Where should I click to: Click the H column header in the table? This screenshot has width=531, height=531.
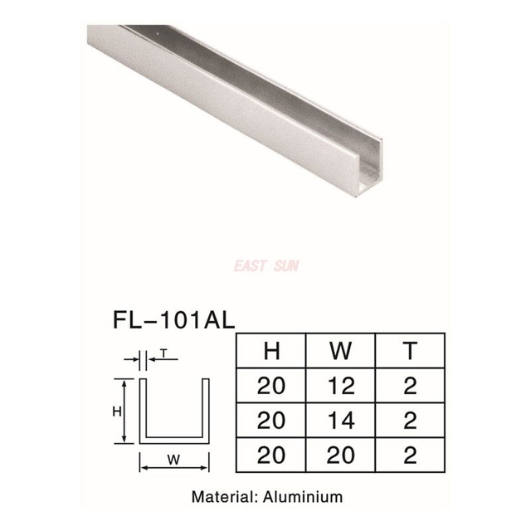point(270,350)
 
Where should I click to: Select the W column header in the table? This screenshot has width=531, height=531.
point(340,350)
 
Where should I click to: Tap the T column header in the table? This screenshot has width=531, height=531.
point(410,350)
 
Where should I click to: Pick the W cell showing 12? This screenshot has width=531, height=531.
point(340,386)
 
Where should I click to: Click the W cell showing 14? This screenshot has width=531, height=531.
point(340,421)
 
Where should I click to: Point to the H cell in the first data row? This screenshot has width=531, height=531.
point(270,386)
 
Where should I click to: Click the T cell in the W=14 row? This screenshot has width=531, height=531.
point(410,421)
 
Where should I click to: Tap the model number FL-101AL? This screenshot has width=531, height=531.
point(172,319)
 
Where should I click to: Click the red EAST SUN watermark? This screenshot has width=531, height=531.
point(267,265)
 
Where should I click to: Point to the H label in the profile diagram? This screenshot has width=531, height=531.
point(117,412)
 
